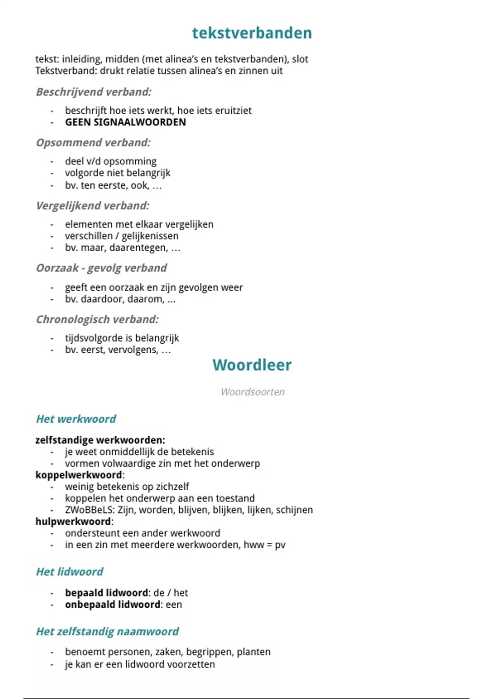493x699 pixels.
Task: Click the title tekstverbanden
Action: pos(252,33)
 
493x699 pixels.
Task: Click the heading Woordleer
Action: pos(252,365)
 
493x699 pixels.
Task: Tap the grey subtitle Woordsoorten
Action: pos(252,392)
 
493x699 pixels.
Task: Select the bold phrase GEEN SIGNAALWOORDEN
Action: pos(125,122)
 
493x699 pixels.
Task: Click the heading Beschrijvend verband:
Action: pos(94,92)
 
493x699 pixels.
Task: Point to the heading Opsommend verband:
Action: pos(93,143)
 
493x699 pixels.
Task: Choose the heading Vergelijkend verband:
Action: pos(93,206)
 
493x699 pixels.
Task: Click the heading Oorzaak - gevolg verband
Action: pos(101,268)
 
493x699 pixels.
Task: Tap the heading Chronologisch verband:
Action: pos(97,319)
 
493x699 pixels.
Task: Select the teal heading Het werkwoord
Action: pos(76,419)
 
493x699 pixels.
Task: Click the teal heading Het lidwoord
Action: pos(69,572)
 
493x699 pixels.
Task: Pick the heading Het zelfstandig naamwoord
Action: pos(108,632)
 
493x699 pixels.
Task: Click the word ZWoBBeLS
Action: pos(90,510)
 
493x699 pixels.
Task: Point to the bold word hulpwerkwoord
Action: pos(73,521)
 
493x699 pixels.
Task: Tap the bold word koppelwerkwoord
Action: pos(79,475)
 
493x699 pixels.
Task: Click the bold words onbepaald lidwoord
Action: pos(113,604)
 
